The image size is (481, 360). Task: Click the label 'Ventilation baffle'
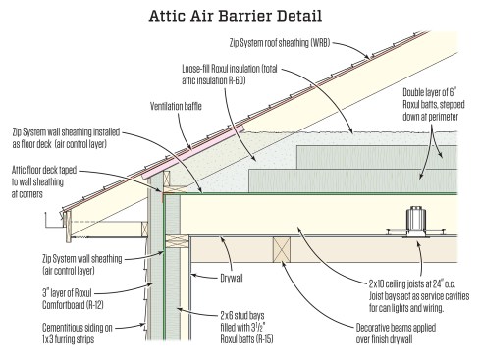click(178, 105)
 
